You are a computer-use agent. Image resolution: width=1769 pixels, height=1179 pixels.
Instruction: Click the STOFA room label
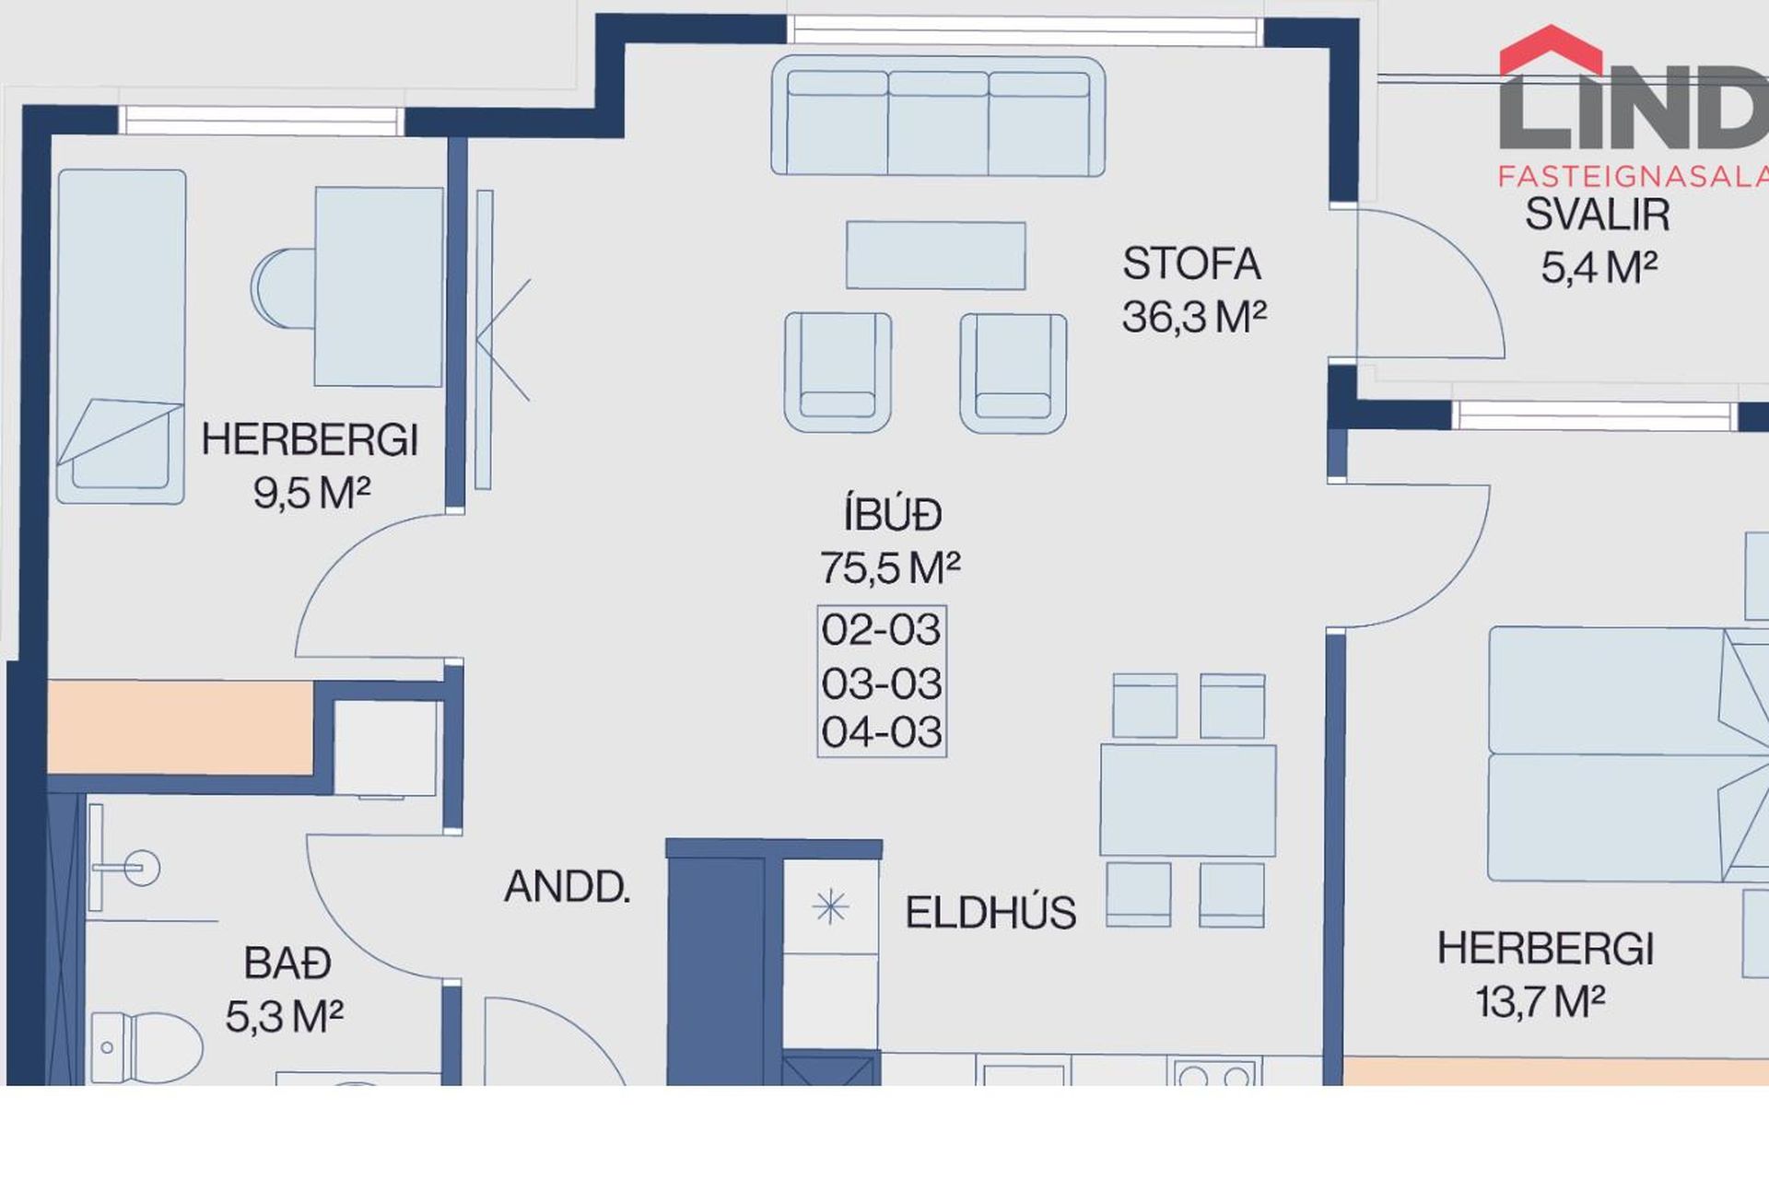click(x=1190, y=263)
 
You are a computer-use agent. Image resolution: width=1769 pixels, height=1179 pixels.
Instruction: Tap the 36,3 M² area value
click(x=1194, y=317)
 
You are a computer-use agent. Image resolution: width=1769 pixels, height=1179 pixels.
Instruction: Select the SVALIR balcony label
click(x=1597, y=215)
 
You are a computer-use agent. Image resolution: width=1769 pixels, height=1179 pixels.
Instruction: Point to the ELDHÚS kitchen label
click(x=990, y=913)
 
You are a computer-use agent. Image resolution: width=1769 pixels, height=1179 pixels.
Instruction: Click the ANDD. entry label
click(x=567, y=887)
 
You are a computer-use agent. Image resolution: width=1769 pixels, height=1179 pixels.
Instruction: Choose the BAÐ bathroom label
click(x=287, y=963)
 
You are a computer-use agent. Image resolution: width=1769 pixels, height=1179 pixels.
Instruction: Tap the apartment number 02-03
click(x=882, y=630)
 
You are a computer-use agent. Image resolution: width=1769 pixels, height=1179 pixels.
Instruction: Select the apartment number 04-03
click(x=882, y=732)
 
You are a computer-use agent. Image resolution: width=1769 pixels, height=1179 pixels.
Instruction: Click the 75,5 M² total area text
click(x=890, y=567)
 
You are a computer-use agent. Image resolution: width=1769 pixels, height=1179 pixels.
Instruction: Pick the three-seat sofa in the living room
click(x=938, y=116)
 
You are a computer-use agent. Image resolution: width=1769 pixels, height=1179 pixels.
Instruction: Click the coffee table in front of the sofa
click(x=935, y=255)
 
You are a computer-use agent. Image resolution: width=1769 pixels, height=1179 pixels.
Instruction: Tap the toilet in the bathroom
click(x=146, y=1047)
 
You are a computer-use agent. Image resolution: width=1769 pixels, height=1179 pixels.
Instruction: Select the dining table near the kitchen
click(x=1188, y=800)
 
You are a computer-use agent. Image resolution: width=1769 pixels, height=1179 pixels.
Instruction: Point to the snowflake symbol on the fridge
click(x=830, y=907)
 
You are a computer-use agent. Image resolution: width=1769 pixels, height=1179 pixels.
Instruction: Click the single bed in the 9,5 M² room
click(x=121, y=336)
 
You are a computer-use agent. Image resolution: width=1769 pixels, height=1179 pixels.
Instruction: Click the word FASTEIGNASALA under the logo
click(x=1633, y=176)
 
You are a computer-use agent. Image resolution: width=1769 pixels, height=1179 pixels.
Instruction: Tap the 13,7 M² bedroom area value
click(x=1541, y=1002)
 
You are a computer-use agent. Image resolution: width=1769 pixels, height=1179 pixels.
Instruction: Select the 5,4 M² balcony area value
click(x=1599, y=268)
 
